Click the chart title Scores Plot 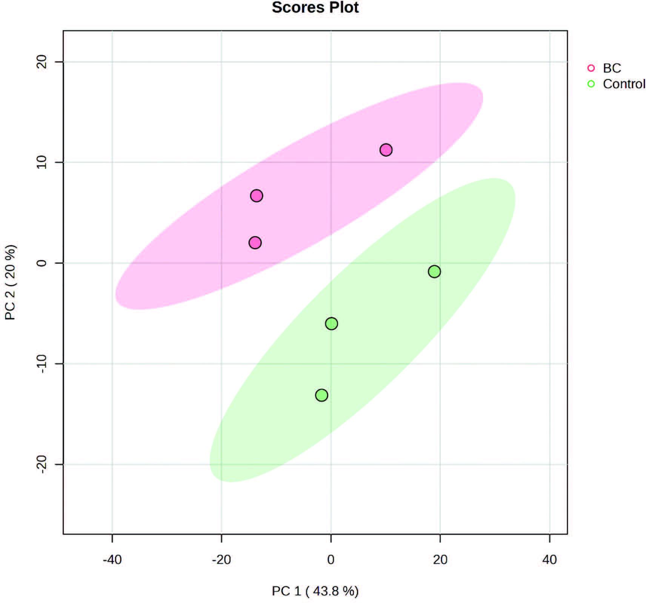pos(315,8)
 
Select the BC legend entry pos(612,68)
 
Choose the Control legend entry pos(624,84)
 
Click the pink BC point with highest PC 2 pos(386,150)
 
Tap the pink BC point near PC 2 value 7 pos(257,196)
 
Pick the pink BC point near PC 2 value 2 pos(255,243)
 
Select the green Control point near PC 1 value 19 pos(434,271)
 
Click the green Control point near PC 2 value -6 pos(331,323)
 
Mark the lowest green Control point pos(321,395)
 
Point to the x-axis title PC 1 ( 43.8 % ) pos(315,591)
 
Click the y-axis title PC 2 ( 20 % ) pos(11,282)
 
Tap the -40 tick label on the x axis pos(112,560)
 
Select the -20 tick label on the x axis pos(221,560)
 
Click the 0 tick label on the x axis pos(331,560)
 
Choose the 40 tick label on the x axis pos(549,560)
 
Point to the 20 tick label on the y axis pos(42,62)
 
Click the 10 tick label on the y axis pos(42,162)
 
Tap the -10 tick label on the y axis pos(42,364)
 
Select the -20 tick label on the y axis pos(42,464)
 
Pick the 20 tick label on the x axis pos(440,560)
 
